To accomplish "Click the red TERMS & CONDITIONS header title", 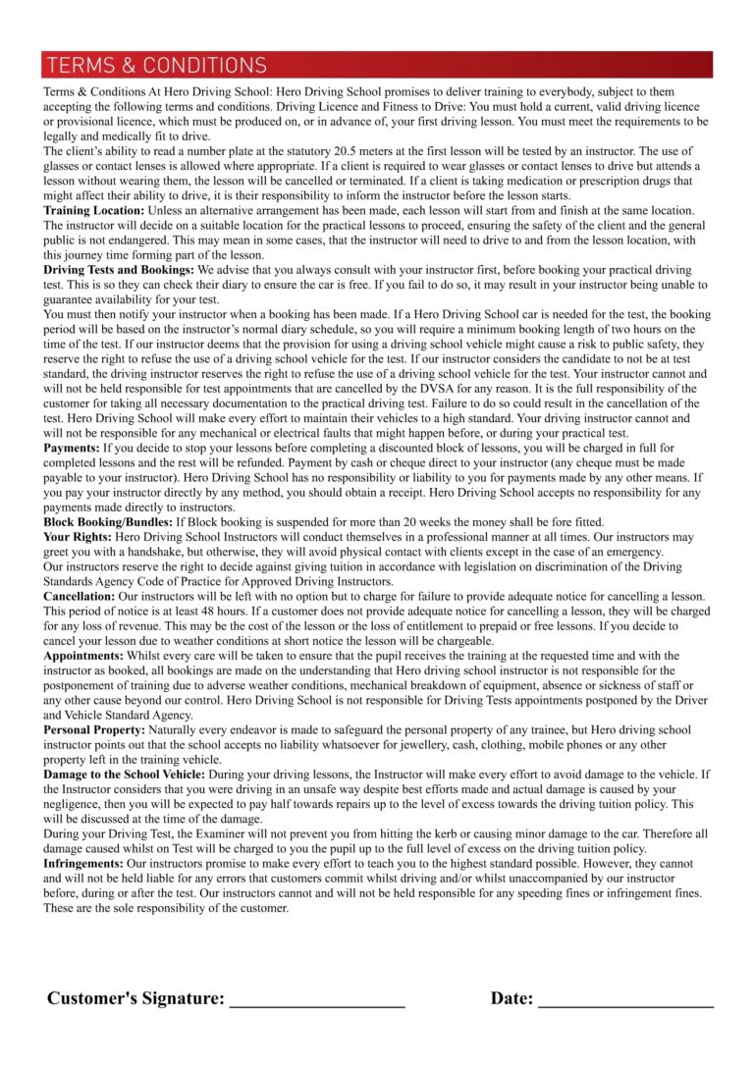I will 156,66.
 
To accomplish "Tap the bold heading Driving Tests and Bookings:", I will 118,268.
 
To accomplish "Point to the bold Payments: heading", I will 72,447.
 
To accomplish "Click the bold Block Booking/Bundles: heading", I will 107,522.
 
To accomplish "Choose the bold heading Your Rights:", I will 78,538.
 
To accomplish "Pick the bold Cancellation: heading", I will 79,596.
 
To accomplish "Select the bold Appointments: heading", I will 82,655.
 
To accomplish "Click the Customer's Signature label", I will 135,998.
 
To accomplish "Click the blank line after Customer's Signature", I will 316,1002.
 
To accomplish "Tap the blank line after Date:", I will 625,1002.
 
